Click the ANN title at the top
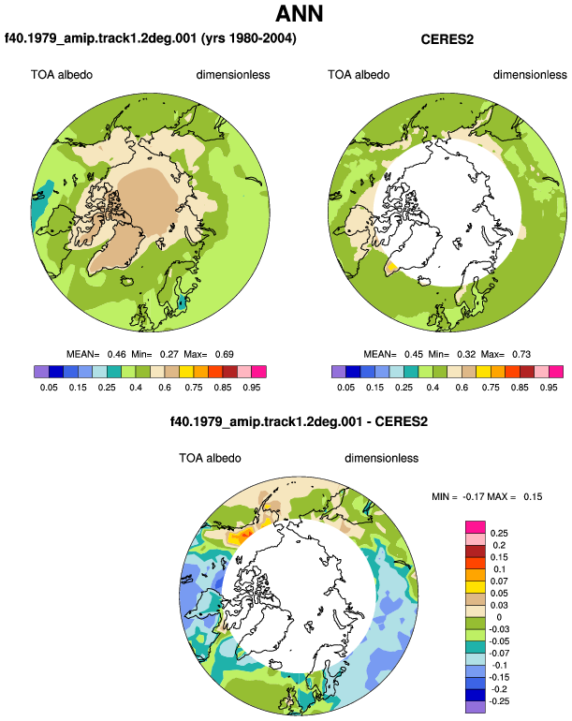[x=300, y=13]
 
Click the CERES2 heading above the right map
[x=447, y=39]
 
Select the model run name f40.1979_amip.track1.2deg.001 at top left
[x=101, y=37]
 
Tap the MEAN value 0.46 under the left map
[x=116, y=354]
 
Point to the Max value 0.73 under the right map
[x=521, y=354]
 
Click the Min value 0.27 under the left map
[x=169, y=354]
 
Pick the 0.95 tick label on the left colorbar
[x=252, y=387]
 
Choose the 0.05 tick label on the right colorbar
[x=345, y=387]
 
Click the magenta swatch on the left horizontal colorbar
[x=259, y=372]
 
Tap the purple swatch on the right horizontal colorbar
[x=338, y=372]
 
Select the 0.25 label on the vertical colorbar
[x=499, y=533]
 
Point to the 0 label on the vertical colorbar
[x=499, y=617]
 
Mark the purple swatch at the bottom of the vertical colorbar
[x=476, y=707]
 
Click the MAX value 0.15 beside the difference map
[x=533, y=496]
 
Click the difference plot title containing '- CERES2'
[x=299, y=421]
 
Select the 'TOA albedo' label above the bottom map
[x=210, y=458]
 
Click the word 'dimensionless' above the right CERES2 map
[x=530, y=75]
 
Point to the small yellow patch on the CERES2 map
[x=391, y=267]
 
